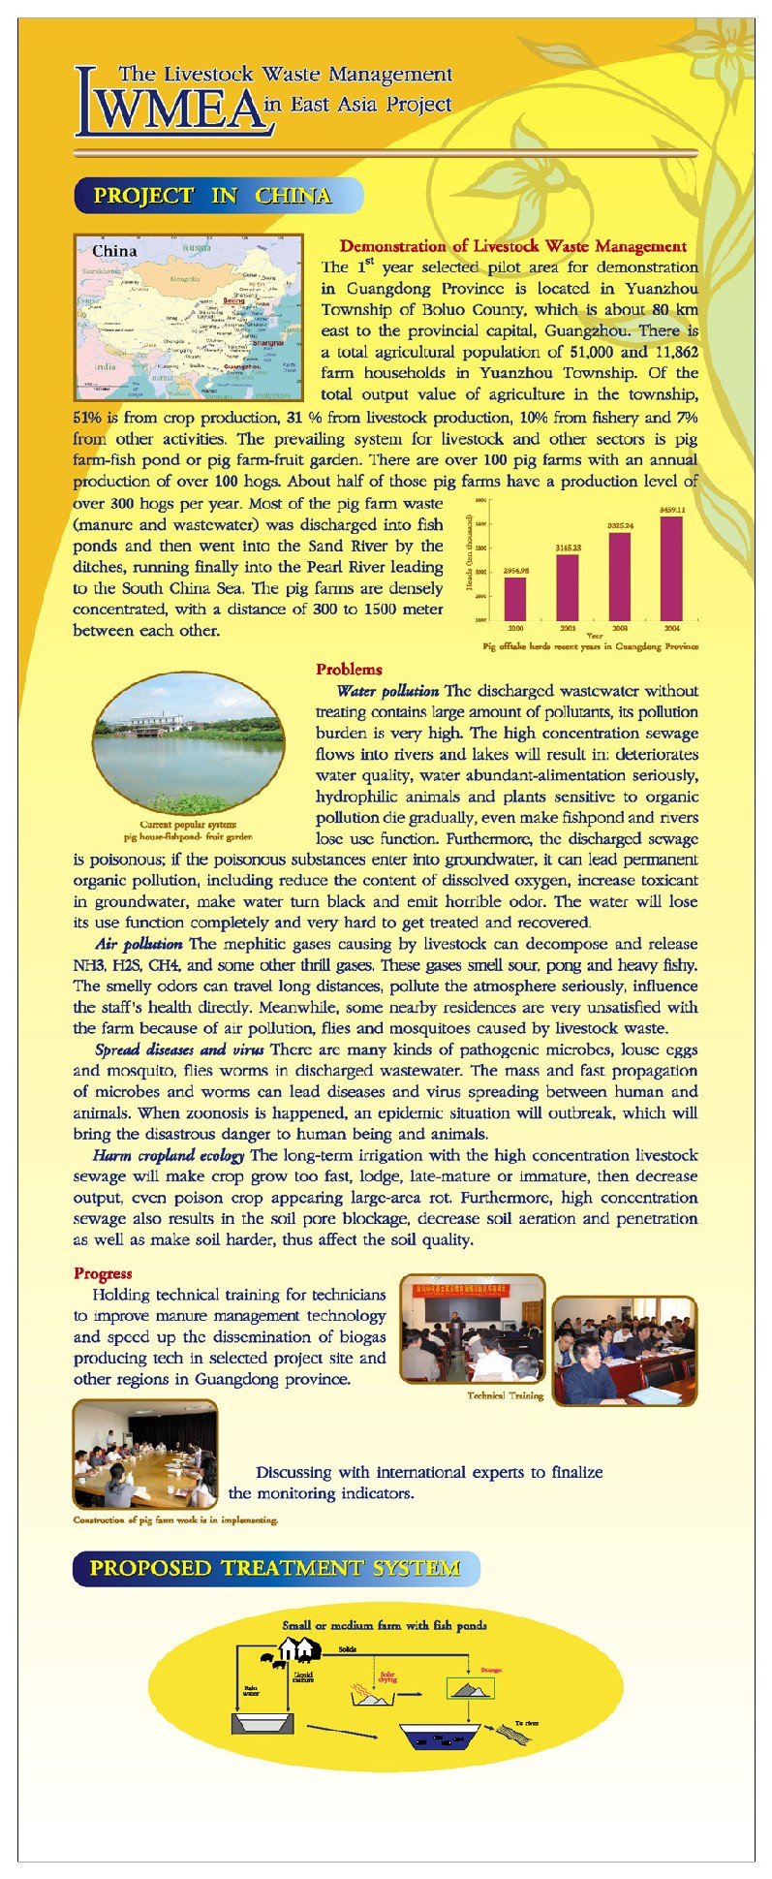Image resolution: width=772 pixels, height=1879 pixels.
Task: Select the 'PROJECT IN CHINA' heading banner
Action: (214, 196)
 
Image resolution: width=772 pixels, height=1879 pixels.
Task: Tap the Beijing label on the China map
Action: (234, 300)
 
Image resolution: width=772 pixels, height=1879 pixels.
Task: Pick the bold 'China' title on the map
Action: (114, 251)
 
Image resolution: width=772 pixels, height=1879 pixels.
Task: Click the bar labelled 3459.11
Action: (671, 568)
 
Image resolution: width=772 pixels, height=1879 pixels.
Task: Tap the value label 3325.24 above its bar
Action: (620, 525)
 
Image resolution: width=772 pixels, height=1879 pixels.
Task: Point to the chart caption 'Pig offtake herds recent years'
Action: (590, 646)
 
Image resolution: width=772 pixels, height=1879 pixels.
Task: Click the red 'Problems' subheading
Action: (349, 670)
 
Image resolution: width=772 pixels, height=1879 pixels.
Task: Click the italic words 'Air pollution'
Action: (139, 944)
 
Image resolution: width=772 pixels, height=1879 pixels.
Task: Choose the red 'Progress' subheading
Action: (103, 1273)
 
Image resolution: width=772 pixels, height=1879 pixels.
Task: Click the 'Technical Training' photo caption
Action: (505, 1395)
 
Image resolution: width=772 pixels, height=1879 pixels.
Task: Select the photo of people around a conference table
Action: (145, 1454)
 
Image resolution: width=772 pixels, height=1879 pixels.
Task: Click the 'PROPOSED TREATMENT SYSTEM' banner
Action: (275, 1568)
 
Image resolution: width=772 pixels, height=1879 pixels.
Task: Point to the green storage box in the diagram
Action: (470, 1689)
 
